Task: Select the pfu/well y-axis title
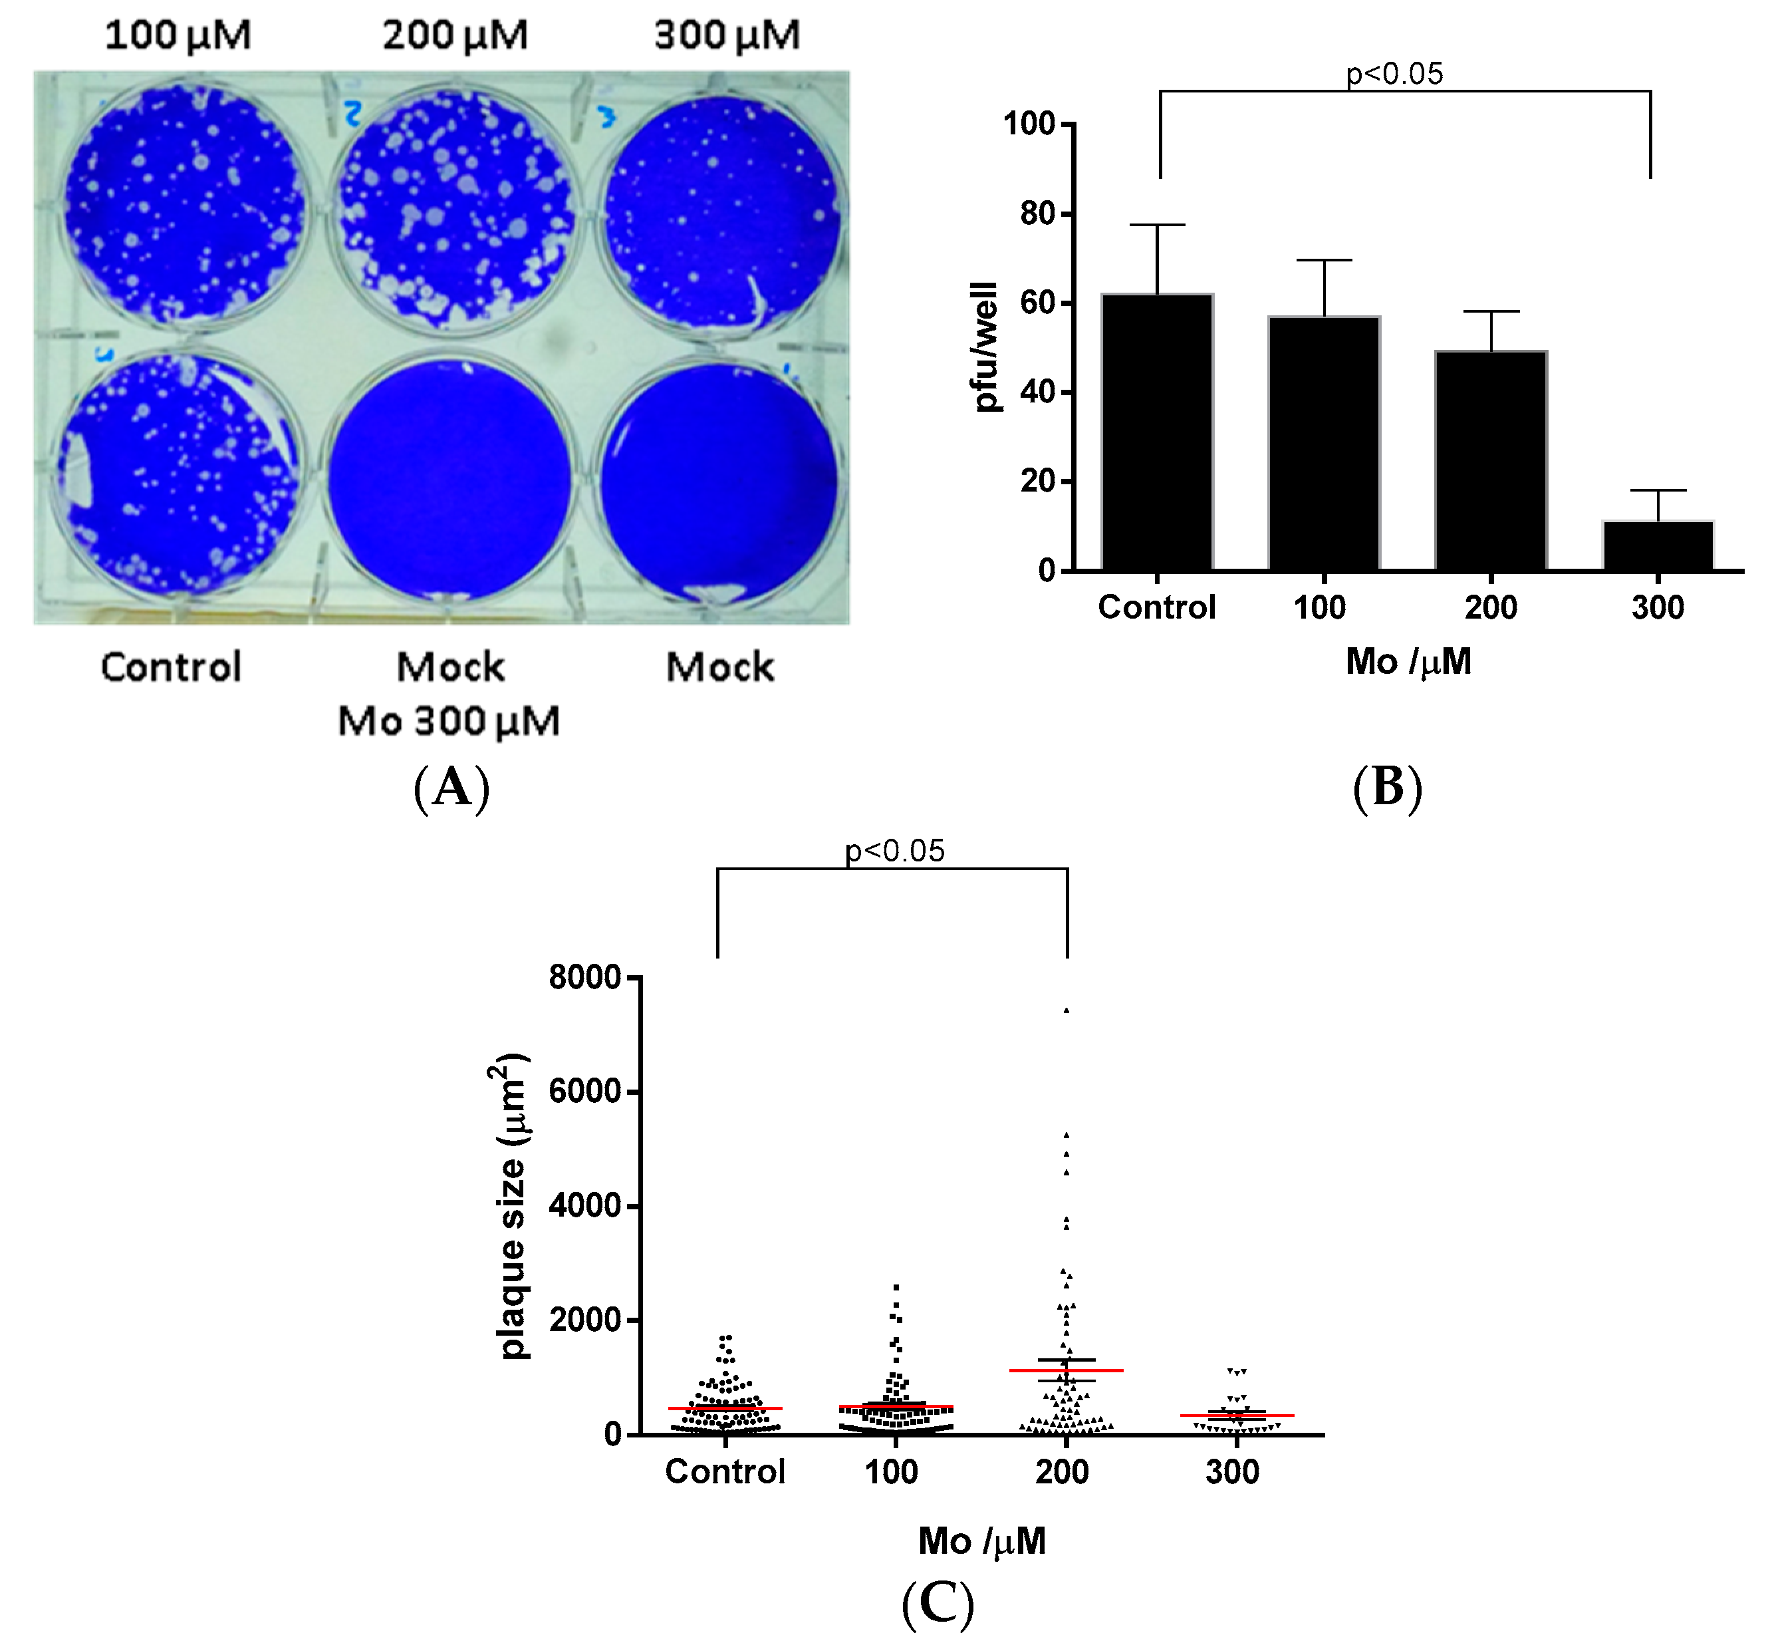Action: point(986,347)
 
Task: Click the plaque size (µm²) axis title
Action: point(512,1206)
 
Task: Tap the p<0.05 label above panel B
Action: point(1394,73)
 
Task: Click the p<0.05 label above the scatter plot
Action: point(894,851)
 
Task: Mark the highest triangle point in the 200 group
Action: point(1066,1010)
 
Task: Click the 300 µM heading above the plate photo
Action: point(727,36)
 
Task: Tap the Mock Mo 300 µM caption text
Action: point(449,694)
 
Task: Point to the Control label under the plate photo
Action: point(171,667)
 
